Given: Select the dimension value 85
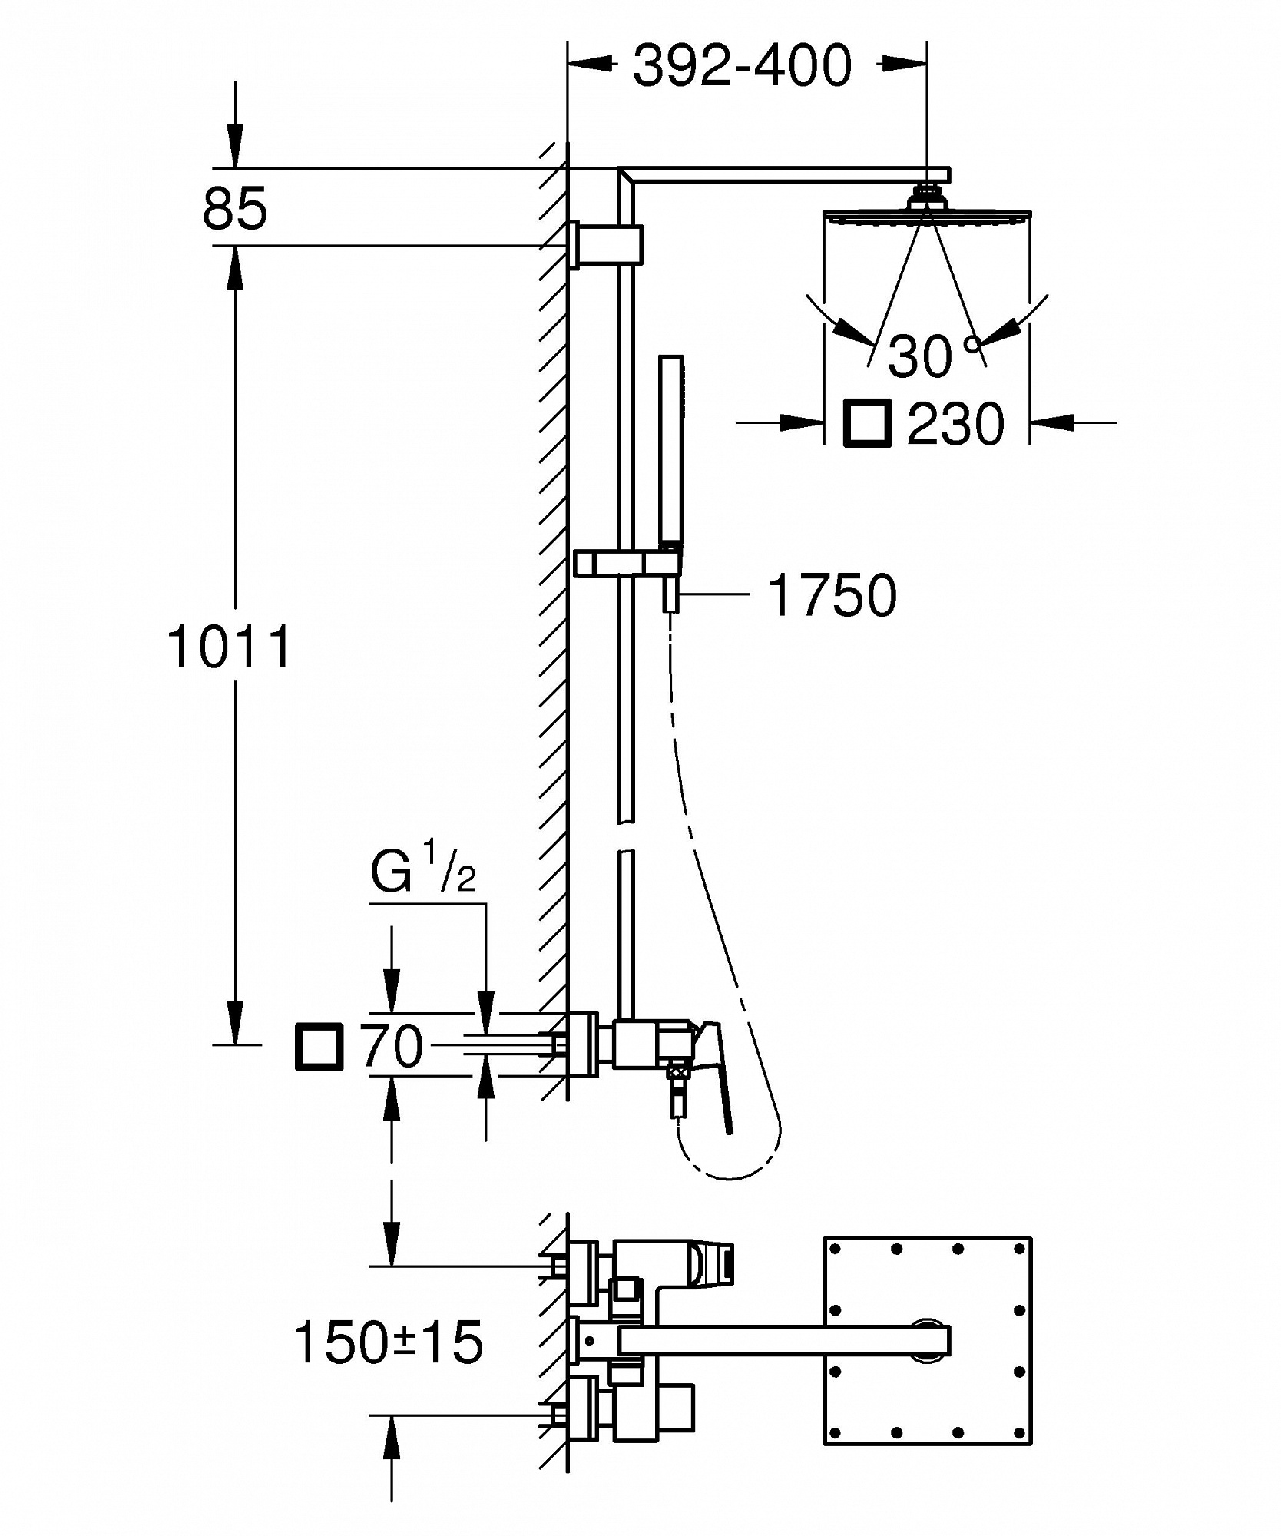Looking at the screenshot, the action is tap(235, 208).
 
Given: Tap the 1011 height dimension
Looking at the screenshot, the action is tap(230, 647).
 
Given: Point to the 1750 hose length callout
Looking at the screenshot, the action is tap(832, 594).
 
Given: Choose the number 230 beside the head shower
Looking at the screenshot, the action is tap(955, 422).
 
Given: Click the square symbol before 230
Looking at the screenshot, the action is tap(868, 422).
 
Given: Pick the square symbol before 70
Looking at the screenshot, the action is tap(319, 1046).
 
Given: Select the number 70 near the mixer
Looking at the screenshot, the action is tap(392, 1046).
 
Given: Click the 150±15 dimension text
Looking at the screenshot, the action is tap(389, 1342).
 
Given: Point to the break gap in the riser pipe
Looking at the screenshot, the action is tap(627, 836).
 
